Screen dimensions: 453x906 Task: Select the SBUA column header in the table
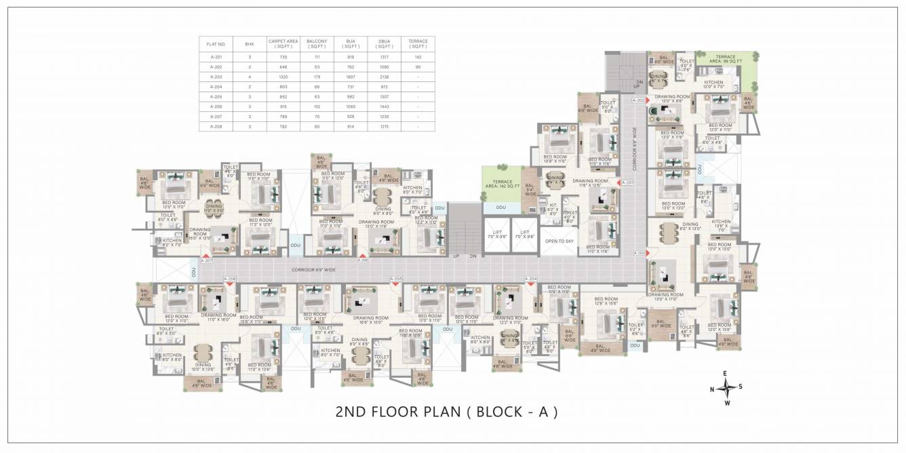385,43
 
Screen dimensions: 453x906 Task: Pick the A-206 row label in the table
216,107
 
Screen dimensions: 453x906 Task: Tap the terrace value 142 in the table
418,58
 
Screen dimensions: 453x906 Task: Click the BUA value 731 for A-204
351,87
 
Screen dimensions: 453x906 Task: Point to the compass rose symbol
726,388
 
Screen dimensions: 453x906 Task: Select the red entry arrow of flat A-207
204,256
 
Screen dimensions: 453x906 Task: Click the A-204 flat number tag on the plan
532,279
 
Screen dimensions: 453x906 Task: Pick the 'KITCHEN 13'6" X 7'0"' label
721,225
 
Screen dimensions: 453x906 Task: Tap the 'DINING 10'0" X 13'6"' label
203,366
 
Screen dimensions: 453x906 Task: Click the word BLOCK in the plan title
501,411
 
